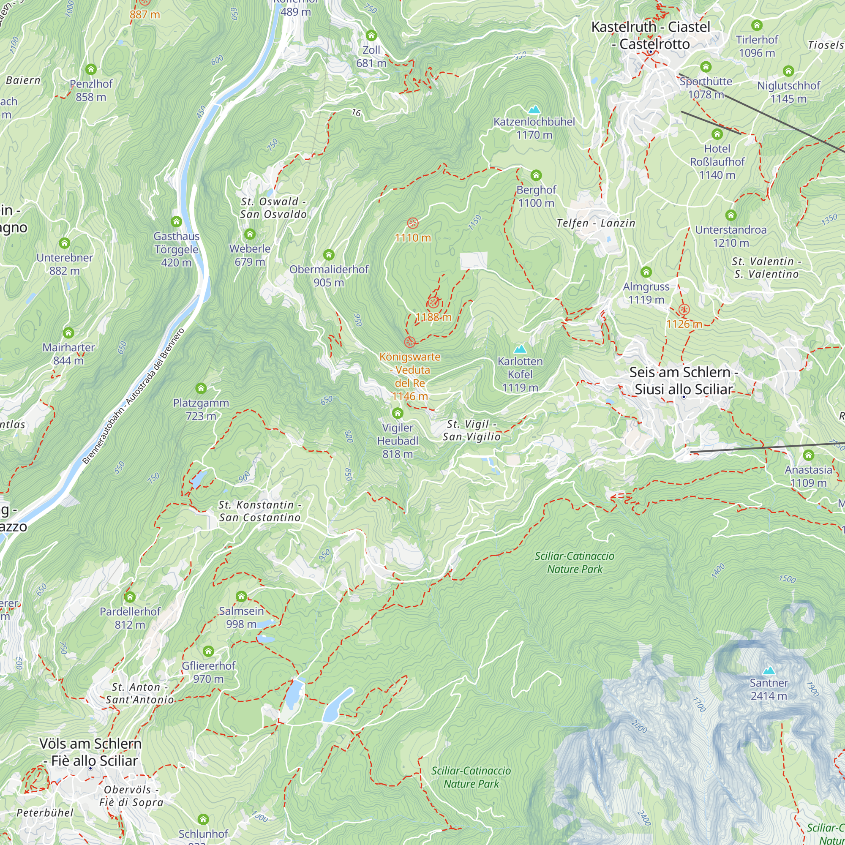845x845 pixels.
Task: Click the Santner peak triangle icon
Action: [769, 671]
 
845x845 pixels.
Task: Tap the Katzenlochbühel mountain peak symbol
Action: [534, 109]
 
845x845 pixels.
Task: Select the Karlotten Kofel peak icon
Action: [520, 349]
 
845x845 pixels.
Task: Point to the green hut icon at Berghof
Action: [536, 175]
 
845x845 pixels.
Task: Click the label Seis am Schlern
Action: [683, 372]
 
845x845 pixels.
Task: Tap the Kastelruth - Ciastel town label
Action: [650, 27]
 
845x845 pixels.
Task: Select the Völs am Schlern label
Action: [90, 744]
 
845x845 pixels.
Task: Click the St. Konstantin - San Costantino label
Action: [260, 511]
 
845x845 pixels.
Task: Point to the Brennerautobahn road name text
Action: [133, 396]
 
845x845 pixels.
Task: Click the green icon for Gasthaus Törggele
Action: [176, 222]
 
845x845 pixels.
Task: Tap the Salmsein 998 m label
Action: [241, 617]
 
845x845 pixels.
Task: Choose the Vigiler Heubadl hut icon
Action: [397, 413]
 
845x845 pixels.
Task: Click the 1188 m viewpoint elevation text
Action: [433, 317]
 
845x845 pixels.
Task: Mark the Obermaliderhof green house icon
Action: [328, 254]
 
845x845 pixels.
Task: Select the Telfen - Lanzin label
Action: [595, 223]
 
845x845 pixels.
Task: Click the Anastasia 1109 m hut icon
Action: [808, 455]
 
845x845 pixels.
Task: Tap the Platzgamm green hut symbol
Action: [201, 388]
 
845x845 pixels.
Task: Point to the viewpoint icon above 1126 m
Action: [684, 310]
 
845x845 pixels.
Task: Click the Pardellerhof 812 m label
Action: [130, 618]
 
